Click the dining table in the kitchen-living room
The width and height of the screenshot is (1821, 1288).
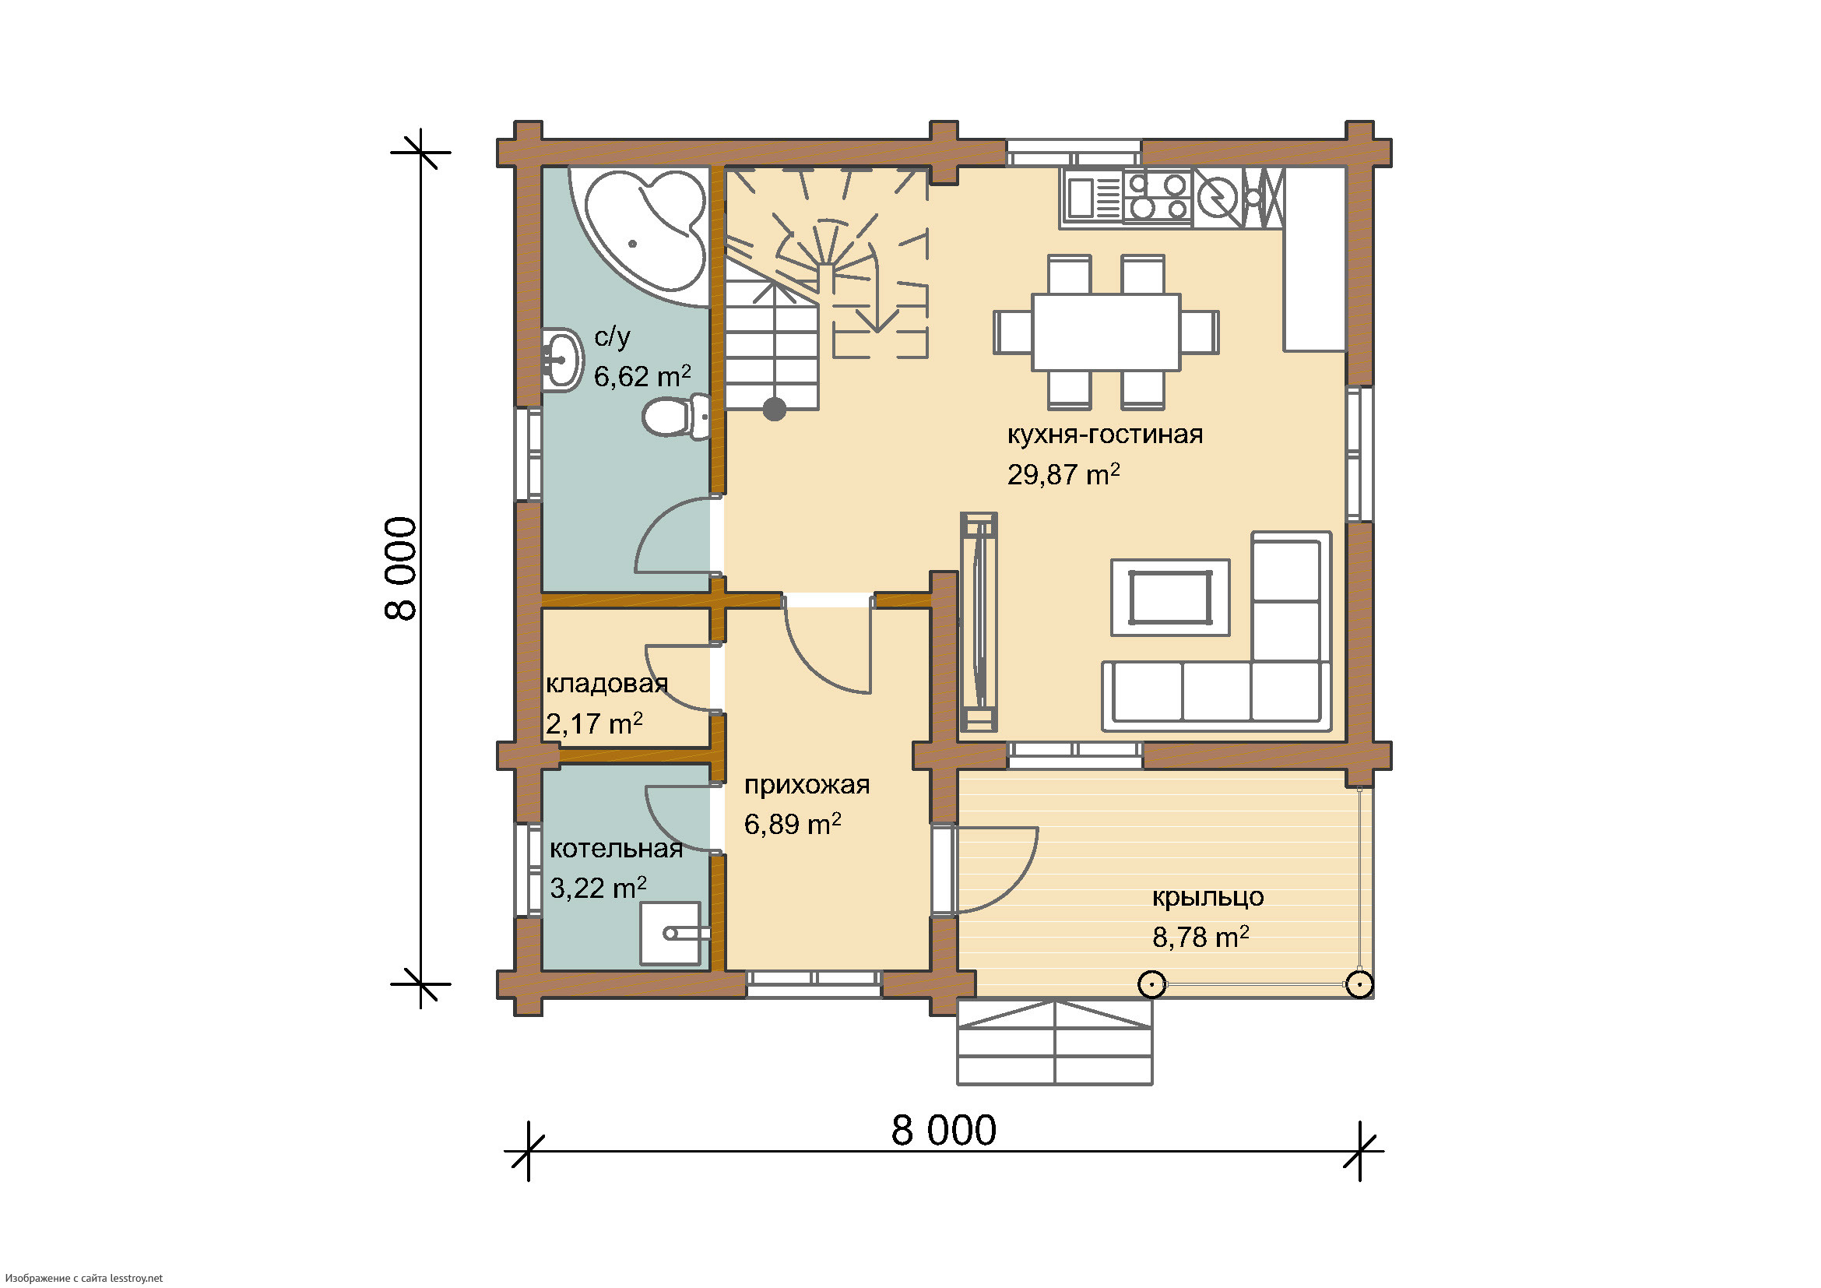(x=1106, y=332)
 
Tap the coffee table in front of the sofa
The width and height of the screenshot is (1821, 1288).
(x=1170, y=597)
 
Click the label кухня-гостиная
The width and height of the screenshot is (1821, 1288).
(x=1105, y=435)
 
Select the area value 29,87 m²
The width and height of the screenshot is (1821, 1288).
(x=1063, y=474)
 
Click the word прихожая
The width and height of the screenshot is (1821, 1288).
(x=807, y=785)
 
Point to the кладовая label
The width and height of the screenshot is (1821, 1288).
(x=606, y=684)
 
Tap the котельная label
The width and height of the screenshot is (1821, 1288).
(x=617, y=849)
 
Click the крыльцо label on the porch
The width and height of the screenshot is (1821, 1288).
(x=1208, y=897)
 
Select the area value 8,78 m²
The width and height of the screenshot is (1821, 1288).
(x=1200, y=938)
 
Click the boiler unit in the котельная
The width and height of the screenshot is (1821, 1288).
(x=671, y=934)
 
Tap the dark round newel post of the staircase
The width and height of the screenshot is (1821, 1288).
(x=774, y=410)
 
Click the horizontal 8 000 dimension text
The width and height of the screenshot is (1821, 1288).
(x=944, y=1130)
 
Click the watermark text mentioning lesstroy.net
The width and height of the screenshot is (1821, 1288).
(x=83, y=1278)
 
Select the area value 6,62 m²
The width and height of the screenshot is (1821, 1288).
(x=642, y=376)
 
